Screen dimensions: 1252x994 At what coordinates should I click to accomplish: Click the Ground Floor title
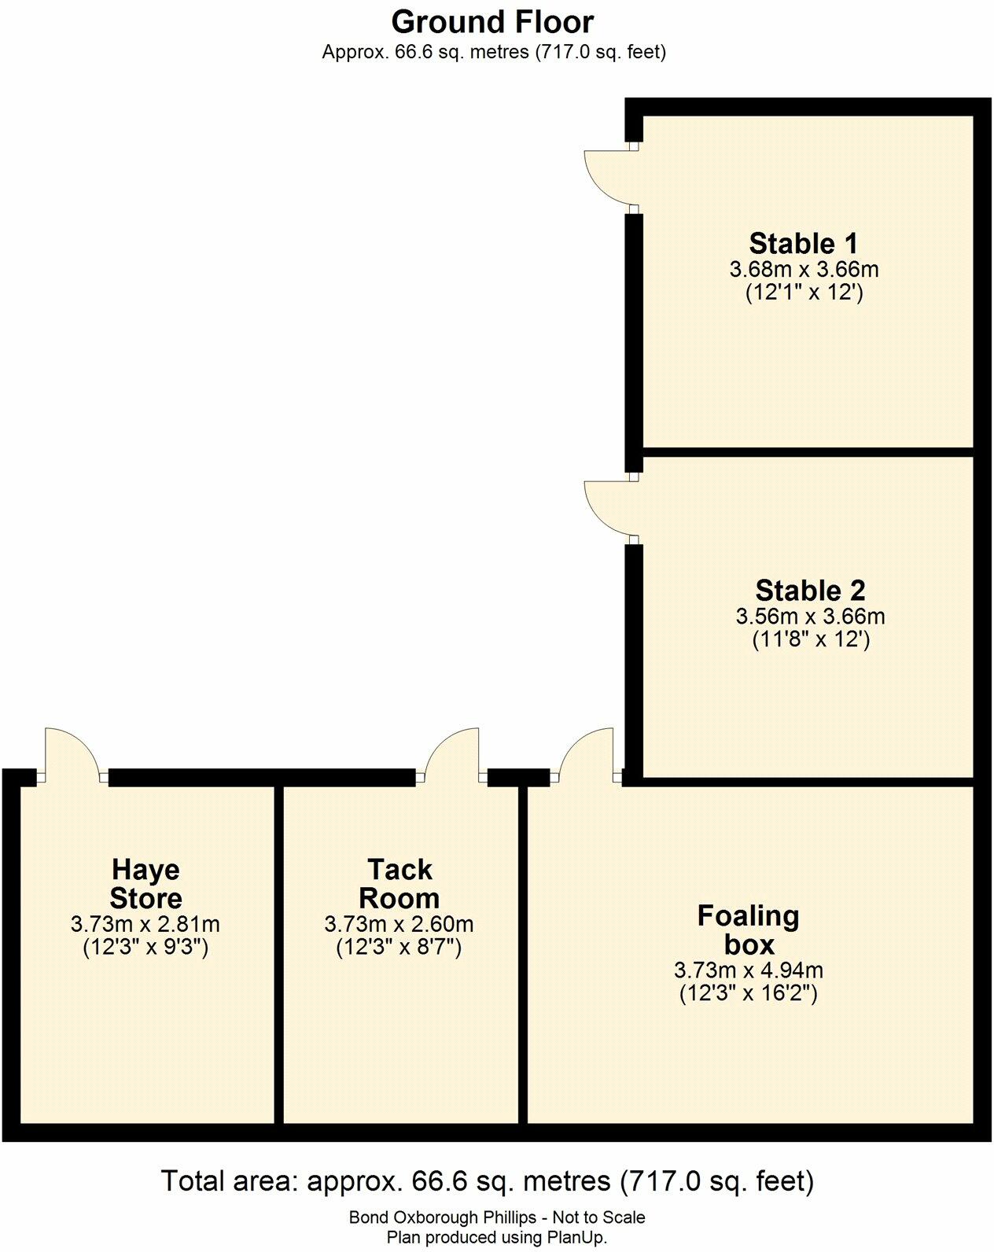[492, 22]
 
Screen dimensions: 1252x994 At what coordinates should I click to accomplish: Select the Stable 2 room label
[810, 590]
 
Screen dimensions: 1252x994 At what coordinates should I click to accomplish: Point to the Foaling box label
[748, 930]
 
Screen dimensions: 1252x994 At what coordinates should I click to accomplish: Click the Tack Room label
[399, 884]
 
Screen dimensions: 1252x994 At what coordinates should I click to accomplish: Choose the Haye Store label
[145, 884]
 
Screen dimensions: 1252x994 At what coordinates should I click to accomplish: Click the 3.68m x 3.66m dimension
[804, 270]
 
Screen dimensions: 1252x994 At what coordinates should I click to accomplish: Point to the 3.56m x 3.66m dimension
[810, 617]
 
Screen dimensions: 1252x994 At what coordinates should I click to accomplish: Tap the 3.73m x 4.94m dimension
[748, 970]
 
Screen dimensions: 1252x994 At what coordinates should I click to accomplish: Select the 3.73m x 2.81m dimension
[145, 924]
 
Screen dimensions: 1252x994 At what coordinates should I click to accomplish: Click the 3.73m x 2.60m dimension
[399, 924]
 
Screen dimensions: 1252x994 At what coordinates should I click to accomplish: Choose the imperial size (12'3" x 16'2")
[748, 993]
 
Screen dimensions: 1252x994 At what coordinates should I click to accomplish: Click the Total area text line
[487, 1180]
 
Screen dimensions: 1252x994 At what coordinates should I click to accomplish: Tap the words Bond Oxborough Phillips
[441, 1217]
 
